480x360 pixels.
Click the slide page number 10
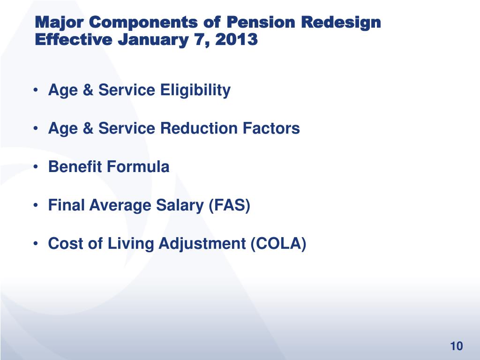(x=456, y=346)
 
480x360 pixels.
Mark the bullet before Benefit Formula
(x=37, y=167)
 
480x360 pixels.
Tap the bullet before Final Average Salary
(x=37, y=205)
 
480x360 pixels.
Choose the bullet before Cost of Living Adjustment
(x=37, y=244)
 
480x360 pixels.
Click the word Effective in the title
(x=74, y=40)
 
